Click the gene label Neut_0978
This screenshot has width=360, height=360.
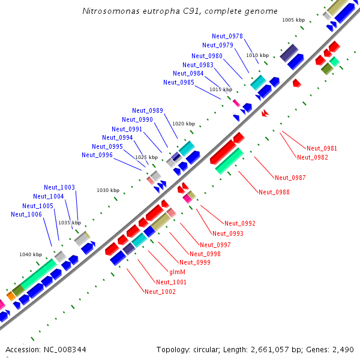click(227, 37)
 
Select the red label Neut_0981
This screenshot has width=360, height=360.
click(322, 148)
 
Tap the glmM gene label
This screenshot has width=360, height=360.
click(177, 272)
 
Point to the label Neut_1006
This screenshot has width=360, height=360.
click(26, 214)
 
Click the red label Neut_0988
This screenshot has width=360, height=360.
click(274, 192)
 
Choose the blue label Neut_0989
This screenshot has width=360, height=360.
click(148, 110)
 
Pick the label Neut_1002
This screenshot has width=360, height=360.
click(160, 292)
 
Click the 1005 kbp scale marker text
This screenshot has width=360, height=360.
click(293, 20)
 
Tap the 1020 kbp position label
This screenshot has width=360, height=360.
click(184, 124)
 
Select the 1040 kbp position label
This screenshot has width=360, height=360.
click(31, 254)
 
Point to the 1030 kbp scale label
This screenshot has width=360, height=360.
click(108, 190)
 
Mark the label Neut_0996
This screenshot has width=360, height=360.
click(97, 155)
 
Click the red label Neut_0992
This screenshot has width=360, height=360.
click(240, 223)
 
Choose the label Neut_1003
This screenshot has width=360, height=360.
click(59, 188)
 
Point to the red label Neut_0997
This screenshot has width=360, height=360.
click(215, 244)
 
